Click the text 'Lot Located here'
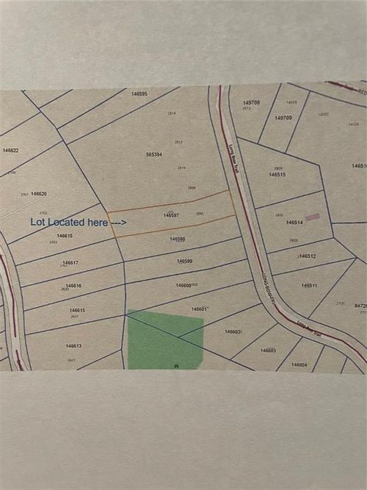pyautogui.click(x=69, y=221)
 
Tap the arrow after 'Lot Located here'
pyautogui.click(x=117, y=221)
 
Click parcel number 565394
pyautogui.click(x=154, y=154)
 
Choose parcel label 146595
pyautogui.click(x=139, y=94)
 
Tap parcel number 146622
pyautogui.click(x=10, y=150)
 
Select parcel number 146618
pyautogui.click(x=65, y=236)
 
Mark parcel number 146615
pyautogui.click(x=77, y=311)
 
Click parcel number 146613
pyautogui.click(x=73, y=345)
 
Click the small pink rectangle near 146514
pyautogui.click(x=313, y=217)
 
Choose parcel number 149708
pyautogui.click(x=252, y=103)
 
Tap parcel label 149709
pyautogui.click(x=283, y=118)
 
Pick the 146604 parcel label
pyautogui.click(x=299, y=364)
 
